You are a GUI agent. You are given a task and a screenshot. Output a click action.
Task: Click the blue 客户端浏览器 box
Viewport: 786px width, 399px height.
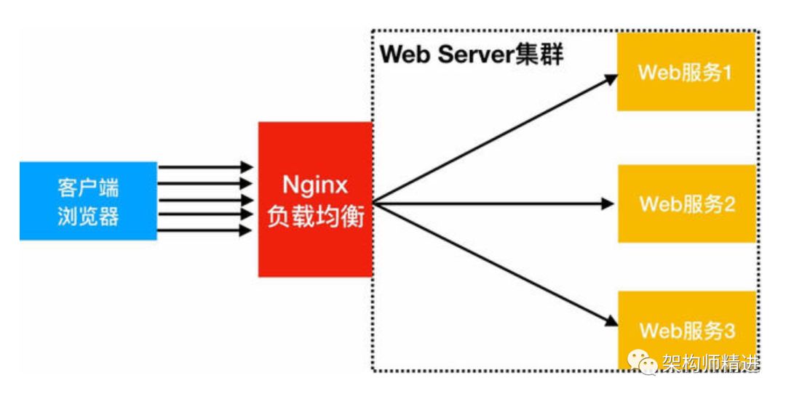coord(88,201)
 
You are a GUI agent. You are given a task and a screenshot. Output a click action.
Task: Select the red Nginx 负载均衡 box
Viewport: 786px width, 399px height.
coord(315,199)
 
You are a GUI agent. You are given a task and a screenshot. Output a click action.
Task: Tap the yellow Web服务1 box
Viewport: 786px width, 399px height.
coord(686,73)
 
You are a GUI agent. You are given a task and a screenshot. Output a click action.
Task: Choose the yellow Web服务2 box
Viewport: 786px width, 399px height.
coord(686,203)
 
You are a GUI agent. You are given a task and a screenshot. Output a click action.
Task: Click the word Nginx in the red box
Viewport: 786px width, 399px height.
coord(315,182)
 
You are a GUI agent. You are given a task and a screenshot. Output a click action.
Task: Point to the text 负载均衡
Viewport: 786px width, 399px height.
coord(315,217)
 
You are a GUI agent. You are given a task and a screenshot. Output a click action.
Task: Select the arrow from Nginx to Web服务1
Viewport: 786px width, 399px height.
coord(495,139)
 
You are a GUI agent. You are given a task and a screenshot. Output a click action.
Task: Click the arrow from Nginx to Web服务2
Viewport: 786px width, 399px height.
coord(495,204)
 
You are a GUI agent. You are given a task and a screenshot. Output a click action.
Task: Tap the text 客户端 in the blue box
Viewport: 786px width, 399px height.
coord(88,188)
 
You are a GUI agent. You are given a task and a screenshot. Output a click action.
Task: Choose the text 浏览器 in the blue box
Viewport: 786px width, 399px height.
coord(88,217)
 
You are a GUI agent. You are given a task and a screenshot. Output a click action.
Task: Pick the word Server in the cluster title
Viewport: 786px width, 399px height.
coord(476,55)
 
